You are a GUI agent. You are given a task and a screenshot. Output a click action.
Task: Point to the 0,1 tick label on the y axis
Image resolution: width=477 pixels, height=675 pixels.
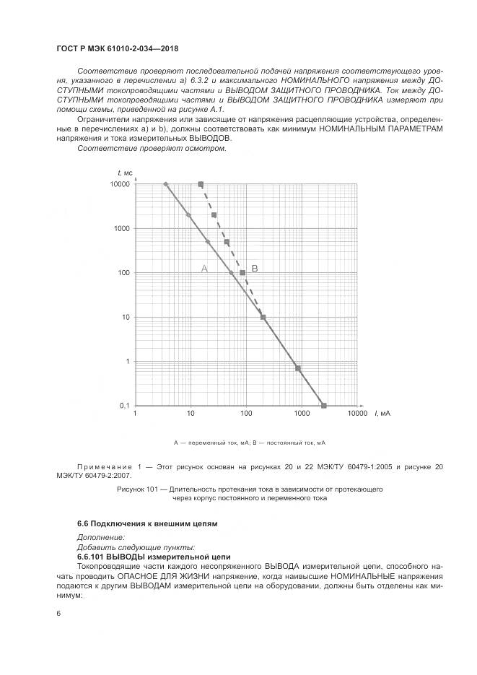coord(123,406)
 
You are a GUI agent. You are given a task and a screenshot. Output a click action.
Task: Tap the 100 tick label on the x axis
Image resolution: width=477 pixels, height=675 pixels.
coord(246,414)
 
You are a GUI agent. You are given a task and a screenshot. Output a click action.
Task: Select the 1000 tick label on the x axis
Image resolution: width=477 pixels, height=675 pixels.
coord(302,414)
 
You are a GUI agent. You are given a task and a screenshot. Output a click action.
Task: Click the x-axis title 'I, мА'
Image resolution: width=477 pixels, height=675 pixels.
coord(382,414)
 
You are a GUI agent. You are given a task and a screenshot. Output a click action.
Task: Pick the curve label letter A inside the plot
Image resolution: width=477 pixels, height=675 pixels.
coord(204,268)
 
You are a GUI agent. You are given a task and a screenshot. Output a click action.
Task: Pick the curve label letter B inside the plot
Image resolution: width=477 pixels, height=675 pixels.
coord(255,268)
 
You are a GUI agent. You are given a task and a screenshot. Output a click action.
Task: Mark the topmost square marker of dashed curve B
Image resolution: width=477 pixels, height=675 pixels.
coord(201,184)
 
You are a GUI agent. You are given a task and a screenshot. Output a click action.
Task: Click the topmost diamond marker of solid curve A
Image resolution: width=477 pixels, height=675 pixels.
coord(166,184)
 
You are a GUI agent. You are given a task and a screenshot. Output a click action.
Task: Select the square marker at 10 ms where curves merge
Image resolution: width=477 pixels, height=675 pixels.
coord(263,317)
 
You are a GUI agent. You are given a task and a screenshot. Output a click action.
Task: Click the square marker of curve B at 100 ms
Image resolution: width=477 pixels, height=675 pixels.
coord(242,273)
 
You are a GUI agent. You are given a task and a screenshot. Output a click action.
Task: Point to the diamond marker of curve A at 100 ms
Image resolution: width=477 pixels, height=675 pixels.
coord(231,273)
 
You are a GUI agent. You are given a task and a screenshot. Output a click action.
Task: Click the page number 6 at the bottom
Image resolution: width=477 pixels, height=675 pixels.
coord(58,614)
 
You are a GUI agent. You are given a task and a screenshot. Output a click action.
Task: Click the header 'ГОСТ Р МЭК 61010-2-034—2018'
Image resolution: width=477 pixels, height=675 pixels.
coord(117,48)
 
